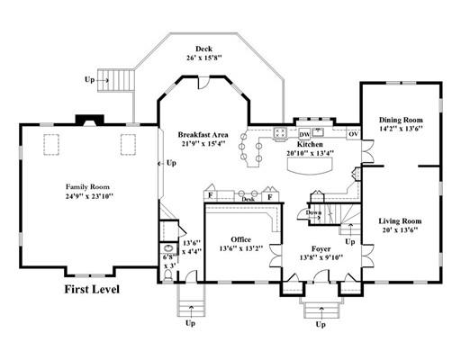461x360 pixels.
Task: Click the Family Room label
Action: (87, 187)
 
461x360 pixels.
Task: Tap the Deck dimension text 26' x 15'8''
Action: (204, 58)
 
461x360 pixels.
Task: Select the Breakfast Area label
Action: (203, 135)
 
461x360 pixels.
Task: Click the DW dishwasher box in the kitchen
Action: (304, 134)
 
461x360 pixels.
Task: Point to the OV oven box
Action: (354, 134)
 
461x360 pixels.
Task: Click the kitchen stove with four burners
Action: (280, 132)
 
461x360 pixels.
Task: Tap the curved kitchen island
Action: (310, 166)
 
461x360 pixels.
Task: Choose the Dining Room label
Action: (401, 120)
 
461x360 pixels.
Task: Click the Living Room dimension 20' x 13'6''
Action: (401, 230)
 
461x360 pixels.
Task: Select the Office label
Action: (241, 239)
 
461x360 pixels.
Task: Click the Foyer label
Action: (321, 248)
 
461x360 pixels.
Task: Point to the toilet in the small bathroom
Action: (168, 274)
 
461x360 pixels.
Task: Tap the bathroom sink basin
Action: (168, 248)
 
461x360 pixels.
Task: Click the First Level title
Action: (92, 289)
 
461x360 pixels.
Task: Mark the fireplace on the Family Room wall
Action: (89, 120)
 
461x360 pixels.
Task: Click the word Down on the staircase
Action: (313, 212)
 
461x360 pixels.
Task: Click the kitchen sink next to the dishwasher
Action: (318, 132)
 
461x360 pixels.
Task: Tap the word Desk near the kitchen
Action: (249, 199)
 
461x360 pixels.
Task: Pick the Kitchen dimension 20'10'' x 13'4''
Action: (310, 153)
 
